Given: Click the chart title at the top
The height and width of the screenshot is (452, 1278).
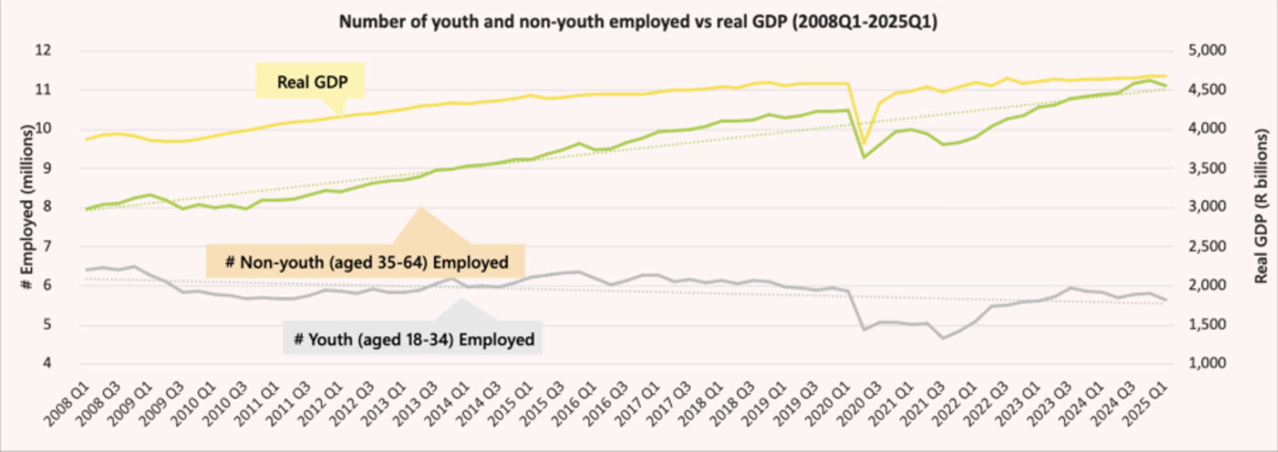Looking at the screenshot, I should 637,22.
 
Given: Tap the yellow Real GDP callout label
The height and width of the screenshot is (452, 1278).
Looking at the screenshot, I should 312,81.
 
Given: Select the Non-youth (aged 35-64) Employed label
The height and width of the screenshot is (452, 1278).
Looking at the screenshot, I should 366,262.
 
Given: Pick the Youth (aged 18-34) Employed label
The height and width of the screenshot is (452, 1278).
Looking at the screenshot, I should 413,339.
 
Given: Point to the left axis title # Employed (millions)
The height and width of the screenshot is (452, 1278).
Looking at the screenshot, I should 27,206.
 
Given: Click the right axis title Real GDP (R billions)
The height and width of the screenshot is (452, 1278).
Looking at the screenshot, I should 1261,206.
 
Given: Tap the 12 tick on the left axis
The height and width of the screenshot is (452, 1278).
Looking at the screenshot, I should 43,50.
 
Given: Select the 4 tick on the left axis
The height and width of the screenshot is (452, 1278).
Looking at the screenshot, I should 46,363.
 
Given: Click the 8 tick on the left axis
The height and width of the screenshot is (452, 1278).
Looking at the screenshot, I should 46,206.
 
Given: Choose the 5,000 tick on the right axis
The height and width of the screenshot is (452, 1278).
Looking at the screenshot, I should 1207,50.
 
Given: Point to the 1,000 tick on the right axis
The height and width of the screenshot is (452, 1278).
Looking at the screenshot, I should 1207,363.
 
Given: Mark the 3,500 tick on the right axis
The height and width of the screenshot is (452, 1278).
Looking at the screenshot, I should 1207,168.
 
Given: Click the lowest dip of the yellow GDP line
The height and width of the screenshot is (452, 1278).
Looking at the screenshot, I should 863,145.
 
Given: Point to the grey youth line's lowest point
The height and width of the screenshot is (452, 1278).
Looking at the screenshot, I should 943,339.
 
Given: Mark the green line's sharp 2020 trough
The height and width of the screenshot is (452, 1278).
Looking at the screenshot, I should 863,157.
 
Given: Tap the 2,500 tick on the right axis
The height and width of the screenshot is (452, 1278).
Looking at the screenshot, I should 1207,246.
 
